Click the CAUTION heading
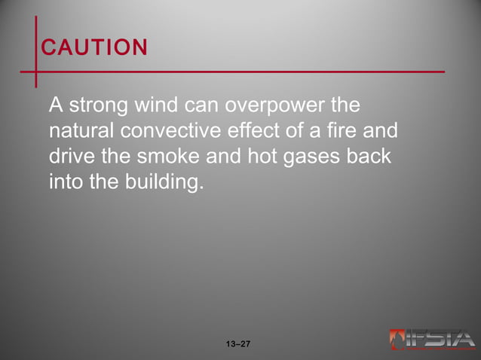(x=94, y=48)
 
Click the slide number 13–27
(x=237, y=344)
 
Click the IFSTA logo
(x=432, y=340)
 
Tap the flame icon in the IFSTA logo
(x=397, y=340)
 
